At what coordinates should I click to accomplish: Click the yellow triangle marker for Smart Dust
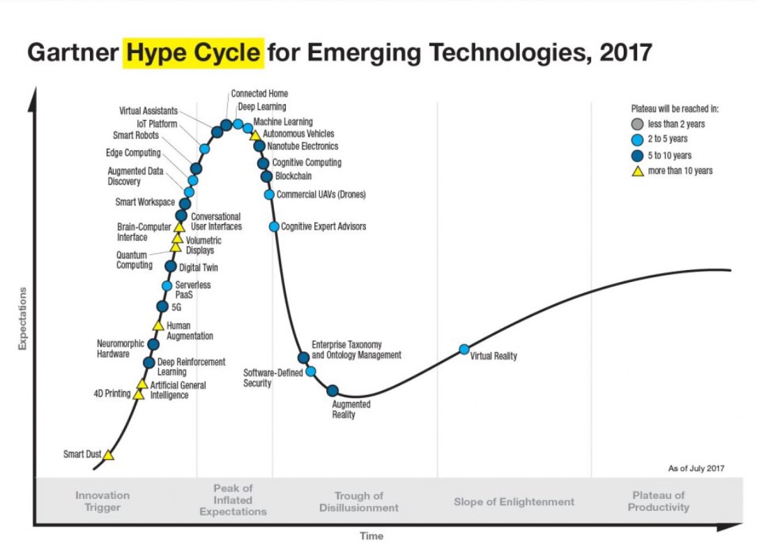coord(109,455)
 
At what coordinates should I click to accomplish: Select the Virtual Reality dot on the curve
coord(464,349)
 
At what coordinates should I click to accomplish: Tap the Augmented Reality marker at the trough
coord(332,391)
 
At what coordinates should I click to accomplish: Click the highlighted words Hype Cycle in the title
coord(194,53)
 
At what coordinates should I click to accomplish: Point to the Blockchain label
coord(293,177)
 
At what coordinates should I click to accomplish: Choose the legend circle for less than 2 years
coord(636,124)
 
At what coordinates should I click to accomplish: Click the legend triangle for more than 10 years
coord(636,171)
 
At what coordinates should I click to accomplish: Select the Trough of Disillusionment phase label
coord(359,502)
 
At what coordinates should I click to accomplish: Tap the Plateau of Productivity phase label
coord(659,502)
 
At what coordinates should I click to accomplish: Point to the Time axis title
coord(371,536)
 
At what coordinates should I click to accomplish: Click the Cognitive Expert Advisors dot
coord(274,227)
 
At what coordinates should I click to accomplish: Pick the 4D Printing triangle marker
coord(139,395)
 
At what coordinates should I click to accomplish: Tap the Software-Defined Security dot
coord(311,371)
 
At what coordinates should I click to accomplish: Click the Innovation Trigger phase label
coord(102,502)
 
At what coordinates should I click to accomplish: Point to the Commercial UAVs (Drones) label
coord(321,195)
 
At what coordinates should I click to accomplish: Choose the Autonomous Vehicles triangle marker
coord(255,135)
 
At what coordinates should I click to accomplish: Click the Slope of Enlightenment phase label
coord(514,502)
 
